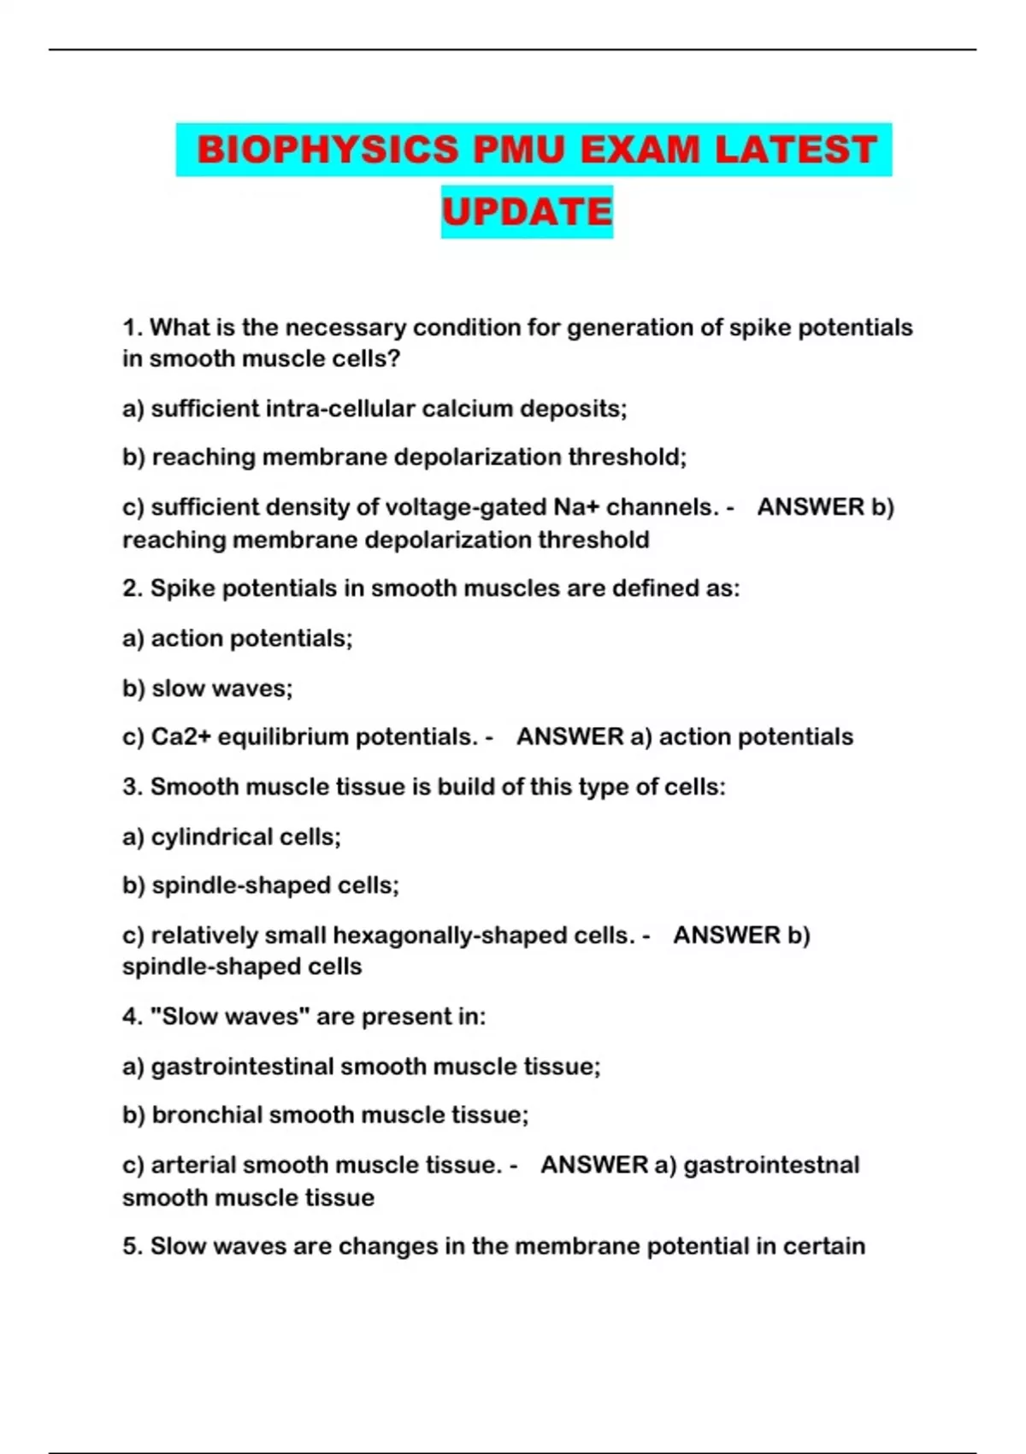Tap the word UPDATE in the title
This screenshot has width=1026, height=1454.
tap(527, 212)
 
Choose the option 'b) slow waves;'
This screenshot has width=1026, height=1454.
tap(208, 689)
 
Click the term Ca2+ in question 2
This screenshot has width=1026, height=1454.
tap(180, 737)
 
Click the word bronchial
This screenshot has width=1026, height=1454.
tap(207, 1115)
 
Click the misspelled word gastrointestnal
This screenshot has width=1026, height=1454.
tap(772, 1165)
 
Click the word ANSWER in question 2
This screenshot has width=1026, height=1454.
tap(570, 737)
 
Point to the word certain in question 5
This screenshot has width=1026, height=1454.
tap(823, 1246)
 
